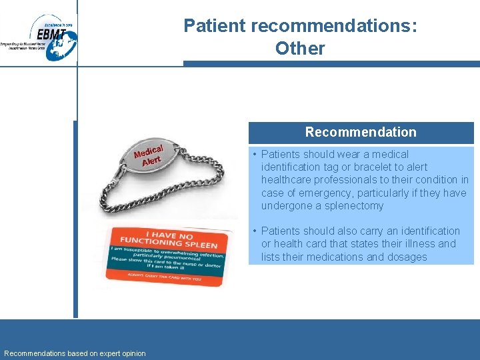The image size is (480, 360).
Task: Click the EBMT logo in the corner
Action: coord(44,37)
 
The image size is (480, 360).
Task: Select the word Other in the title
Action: coord(300,49)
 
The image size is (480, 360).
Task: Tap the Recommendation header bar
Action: coord(361,132)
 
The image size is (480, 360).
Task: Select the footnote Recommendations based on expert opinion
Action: coord(75,353)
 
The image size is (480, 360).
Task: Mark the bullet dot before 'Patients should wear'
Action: coord(255,154)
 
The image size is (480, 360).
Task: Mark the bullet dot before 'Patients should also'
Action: coord(255,231)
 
